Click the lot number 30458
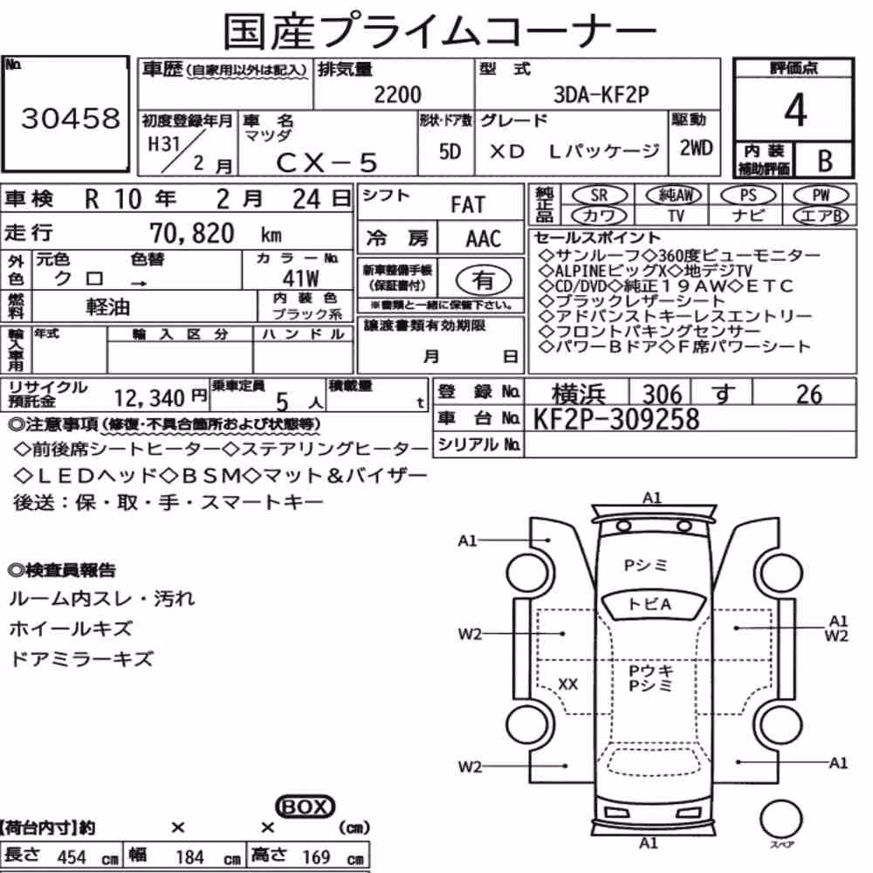tap(71, 118)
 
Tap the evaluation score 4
tap(795, 110)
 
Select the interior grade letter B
tap(825, 161)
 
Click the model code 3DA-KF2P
tap(601, 94)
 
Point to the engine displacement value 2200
tap(397, 94)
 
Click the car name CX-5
tap(327, 162)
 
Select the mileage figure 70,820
tap(192, 233)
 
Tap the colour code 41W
tap(300, 278)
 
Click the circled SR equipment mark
tap(599, 195)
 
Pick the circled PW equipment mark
tap(821, 195)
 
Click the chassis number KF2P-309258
tap(616, 419)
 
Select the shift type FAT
tap(468, 205)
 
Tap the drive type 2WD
tap(696, 148)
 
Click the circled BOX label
tap(305, 807)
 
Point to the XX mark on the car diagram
tap(567, 684)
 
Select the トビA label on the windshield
tap(650, 604)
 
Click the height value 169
tap(316, 857)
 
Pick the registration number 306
tap(662, 395)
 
